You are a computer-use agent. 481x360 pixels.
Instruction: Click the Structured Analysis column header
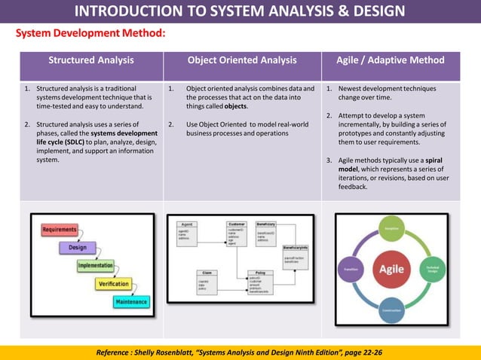tap(91, 60)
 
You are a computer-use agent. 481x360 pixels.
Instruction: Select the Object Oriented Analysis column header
tap(242, 60)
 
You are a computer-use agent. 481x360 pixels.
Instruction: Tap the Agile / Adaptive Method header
tap(391, 60)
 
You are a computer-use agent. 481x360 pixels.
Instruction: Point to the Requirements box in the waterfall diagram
tap(60, 229)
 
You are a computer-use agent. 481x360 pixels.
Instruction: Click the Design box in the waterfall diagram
tap(78, 247)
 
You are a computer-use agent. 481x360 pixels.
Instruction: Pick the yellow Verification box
tap(112, 284)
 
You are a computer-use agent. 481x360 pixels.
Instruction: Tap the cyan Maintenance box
tap(130, 302)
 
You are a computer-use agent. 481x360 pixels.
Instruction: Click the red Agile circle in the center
tap(391, 269)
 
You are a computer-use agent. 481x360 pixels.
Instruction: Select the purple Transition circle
tap(351, 268)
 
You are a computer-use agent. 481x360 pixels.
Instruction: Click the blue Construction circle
tap(391, 309)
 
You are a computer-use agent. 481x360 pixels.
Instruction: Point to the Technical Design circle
tap(432, 269)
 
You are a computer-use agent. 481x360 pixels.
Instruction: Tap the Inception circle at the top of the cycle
tap(391, 228)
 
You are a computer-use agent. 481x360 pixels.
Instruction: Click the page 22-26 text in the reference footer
tap(361, 352)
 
